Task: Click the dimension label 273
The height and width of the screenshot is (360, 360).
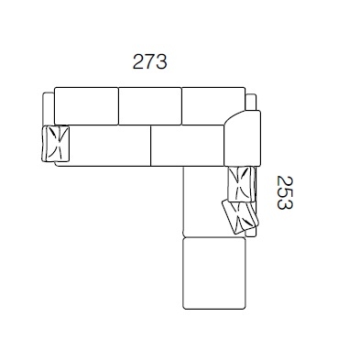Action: coord(150,61)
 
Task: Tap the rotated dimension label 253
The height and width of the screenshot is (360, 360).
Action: coord(285,192)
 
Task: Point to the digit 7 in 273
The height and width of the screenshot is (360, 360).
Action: coord(150,61)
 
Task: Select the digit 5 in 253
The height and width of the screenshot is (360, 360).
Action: coord(285,192)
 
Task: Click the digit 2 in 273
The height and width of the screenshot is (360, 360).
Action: coord(138,61)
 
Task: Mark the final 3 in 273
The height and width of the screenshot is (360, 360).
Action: coord(161,61)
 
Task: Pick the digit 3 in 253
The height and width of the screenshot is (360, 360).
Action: coord(285,204)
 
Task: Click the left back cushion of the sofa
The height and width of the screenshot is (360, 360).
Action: coord(86,106)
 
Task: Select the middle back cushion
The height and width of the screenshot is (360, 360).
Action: coord(150,106)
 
